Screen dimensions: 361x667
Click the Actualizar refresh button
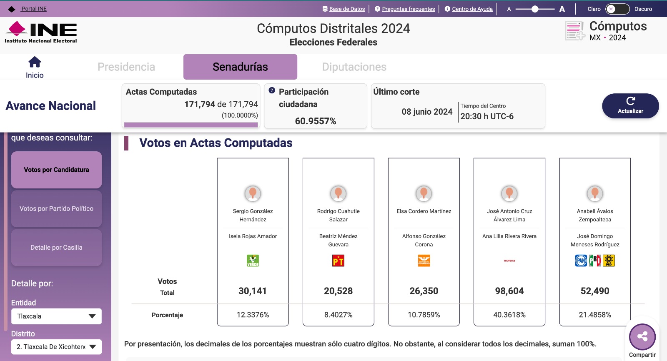(x=630, y=106)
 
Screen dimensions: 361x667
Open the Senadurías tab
(x=240, y=67)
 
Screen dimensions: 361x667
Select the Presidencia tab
(x=126, y=67)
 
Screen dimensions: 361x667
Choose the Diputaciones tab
(x=354, y=67)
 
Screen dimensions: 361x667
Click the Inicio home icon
(x=35, y=63)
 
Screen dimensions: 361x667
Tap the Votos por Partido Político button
(x=56, y=208)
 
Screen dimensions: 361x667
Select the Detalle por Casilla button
(x=56, y=248)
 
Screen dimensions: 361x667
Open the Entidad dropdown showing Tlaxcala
(x=56, y=316)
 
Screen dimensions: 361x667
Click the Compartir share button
(x=642, y=337)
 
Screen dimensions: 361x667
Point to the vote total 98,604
(x=509, y=291)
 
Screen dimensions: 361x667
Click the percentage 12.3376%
(x=253, y=315)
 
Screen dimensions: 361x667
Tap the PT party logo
(x=338, y=261)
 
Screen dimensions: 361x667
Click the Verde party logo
(x=253, y=261)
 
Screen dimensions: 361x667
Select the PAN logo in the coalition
(x=581, y=261)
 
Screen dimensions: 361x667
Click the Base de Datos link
(x=347, y=9)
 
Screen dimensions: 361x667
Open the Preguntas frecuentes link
(x=408, y=9)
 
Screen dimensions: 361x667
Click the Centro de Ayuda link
(x=472, y=9)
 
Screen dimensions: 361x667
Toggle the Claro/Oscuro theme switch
(x=617, y=9)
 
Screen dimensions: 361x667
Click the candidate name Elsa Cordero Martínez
(x=424, y=211)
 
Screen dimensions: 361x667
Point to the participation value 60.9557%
(x=316, y=121)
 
